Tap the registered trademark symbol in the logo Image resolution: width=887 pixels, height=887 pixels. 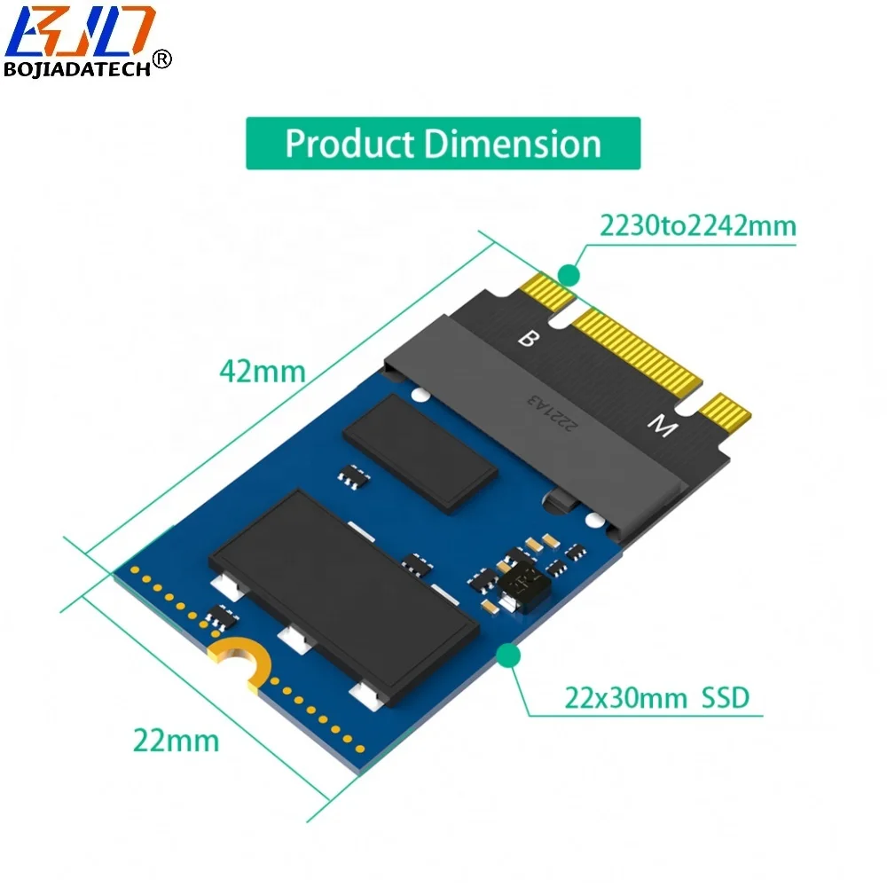point(162,59)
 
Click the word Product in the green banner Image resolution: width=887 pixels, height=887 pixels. point(347,144)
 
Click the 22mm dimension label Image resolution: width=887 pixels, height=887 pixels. point(176,739)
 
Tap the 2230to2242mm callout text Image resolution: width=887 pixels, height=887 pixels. point(697,226)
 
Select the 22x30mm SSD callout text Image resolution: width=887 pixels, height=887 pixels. point(656,697)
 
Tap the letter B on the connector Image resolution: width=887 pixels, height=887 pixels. point(527,339)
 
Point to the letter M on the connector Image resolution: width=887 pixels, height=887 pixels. point(658,428)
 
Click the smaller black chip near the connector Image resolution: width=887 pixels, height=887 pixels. point(420,451)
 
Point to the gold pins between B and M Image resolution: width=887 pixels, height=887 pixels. point(639,350)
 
